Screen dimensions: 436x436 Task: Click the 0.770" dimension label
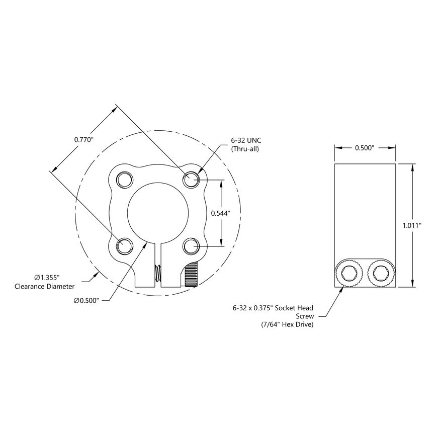point(84,140)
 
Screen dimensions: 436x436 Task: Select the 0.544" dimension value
point(220,213)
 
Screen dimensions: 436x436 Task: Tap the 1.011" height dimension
point(412,226)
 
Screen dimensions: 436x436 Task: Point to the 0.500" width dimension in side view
point(365,148)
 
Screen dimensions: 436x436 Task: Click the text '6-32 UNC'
point(246,140)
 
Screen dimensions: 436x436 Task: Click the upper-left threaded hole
point(123,179)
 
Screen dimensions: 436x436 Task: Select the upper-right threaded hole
point(191,179)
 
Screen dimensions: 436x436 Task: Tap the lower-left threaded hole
point(123,246)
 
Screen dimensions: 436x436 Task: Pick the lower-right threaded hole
point(191,246)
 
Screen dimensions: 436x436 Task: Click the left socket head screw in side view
point(348,274)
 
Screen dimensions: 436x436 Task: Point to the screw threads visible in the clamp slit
point(157,274)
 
